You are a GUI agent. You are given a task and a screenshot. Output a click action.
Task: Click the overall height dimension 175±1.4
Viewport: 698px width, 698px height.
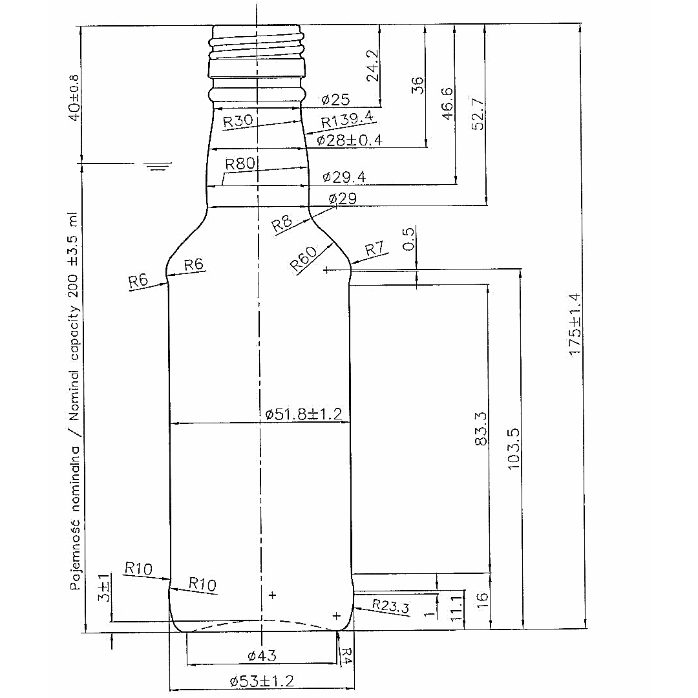coord(575,324)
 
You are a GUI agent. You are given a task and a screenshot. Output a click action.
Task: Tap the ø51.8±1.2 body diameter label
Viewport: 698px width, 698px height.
coord(304,414)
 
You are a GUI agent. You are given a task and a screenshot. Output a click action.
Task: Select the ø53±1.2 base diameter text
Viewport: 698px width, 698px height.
coord(262,681)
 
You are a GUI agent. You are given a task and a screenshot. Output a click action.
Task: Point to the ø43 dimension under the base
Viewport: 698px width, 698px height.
coord(262,655)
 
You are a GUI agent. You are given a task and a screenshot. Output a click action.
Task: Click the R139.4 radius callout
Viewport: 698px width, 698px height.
coord(347,120)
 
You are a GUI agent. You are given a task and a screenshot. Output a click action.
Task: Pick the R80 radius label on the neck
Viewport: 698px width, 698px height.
coord(240,164)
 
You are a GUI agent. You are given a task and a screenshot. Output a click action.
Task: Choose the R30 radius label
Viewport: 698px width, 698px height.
coord(238,121)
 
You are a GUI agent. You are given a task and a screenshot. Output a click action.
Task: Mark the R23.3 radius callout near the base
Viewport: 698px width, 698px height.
coord(391,606)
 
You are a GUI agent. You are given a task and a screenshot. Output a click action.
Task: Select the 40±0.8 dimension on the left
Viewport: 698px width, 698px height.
coord(74,98)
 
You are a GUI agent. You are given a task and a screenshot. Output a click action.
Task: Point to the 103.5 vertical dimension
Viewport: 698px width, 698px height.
coord(513,449)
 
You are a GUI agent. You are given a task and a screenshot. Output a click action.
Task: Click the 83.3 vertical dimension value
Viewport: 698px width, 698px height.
coord(481,428)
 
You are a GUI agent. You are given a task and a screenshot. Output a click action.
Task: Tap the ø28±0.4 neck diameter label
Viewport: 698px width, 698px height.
coord(350,141)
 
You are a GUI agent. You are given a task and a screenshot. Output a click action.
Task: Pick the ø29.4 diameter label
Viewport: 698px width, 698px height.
coord(344,177)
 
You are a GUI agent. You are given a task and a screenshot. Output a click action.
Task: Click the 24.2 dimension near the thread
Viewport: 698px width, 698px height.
coord(372,65)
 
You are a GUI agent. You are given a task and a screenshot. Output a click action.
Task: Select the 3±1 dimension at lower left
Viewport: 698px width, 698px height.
coord(103,587)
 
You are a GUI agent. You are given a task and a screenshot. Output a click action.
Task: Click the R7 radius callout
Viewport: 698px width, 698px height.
coord(374,249)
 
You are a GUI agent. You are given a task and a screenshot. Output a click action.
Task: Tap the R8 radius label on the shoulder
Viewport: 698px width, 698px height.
coord(282,224)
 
